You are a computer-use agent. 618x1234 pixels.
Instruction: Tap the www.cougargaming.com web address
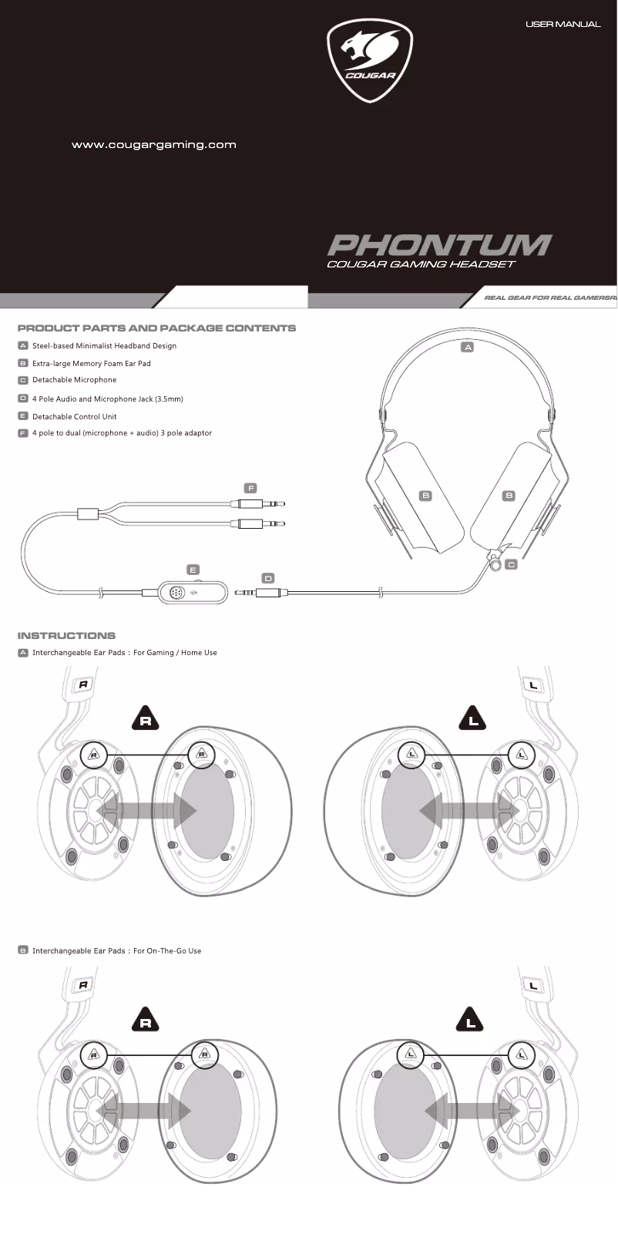153,145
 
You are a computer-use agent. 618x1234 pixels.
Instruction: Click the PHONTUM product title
439,245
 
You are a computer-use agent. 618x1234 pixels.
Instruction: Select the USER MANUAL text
563,25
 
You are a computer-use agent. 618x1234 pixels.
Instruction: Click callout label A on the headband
467,348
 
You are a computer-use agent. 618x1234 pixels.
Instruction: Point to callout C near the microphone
512,564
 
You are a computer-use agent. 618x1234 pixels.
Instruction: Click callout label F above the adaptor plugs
250,488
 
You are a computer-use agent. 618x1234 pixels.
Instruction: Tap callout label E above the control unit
193,570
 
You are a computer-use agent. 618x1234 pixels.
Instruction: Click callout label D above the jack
268,578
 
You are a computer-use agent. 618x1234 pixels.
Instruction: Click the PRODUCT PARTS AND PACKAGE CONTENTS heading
156,328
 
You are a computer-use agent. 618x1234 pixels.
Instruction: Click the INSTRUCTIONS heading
66,636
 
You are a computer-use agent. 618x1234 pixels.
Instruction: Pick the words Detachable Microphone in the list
74,380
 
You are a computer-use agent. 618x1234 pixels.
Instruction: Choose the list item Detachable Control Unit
74,417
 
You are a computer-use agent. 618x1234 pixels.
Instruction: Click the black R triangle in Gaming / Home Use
146,718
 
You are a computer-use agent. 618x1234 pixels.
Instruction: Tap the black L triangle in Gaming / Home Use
473,718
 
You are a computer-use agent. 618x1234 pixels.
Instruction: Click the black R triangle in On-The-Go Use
146,1020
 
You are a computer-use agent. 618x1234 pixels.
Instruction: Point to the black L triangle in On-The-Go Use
471,1020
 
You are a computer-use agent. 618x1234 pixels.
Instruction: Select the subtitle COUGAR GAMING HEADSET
421,264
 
